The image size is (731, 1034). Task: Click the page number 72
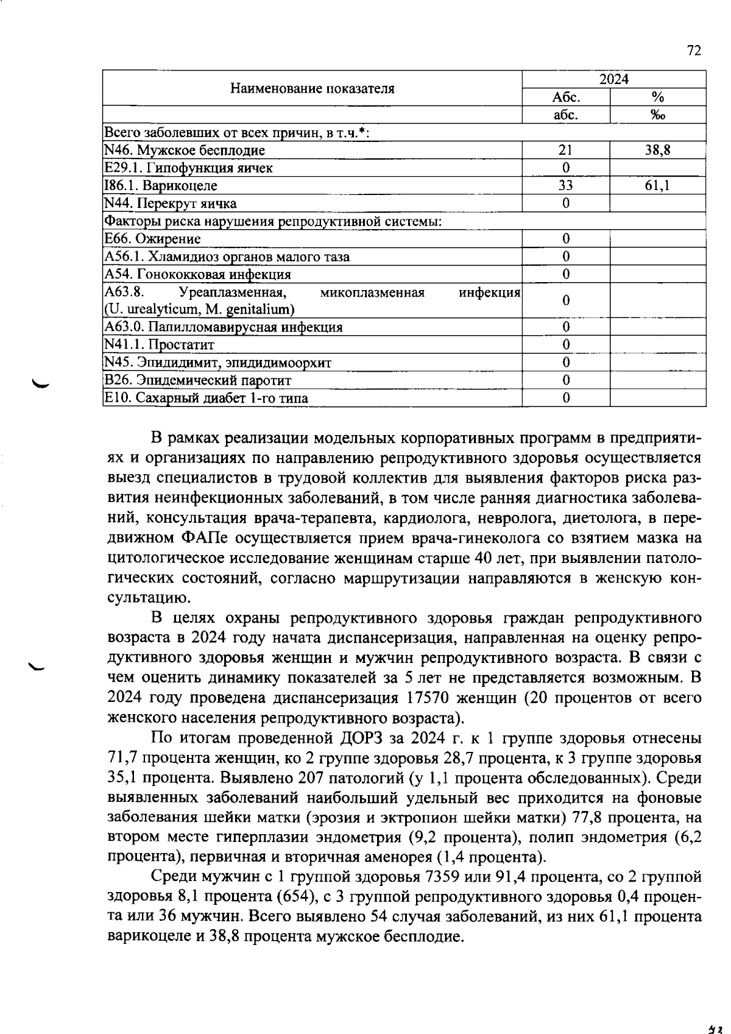pos(694,51)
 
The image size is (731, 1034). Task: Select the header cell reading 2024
pos(613,79)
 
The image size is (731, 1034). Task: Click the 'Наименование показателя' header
pos(312,88)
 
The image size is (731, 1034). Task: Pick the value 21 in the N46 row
pos(565,150)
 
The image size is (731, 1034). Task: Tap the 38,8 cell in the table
pos(657,150)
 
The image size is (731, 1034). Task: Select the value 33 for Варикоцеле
pos(565,185)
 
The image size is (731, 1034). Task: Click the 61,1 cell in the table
pos(657,185)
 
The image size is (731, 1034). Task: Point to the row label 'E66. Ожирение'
pos(152,239)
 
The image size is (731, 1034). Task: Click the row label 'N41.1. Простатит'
pos(160,345)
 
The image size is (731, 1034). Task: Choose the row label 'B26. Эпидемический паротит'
pos(198,380)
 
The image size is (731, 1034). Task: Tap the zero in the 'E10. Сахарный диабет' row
pos(565,398)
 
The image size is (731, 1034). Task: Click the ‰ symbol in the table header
pos(657,115)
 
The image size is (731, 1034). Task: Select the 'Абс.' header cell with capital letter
pos(565,97)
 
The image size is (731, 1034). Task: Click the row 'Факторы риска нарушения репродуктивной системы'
pos(273,221)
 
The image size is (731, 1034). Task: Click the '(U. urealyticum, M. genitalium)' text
pos(200,310)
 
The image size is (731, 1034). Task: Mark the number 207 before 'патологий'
pos(313,778)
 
